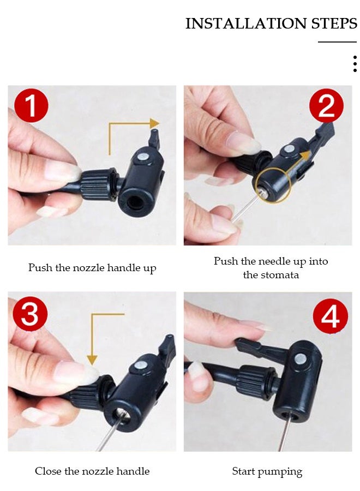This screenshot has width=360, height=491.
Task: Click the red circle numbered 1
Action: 31,105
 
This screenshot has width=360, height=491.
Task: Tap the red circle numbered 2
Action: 326,105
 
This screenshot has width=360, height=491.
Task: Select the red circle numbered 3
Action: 30,314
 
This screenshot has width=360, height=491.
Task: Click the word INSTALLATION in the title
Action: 246,23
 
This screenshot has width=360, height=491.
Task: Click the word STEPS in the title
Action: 334,23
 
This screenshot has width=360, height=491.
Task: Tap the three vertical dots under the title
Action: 355,64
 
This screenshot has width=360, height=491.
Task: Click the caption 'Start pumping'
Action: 267,471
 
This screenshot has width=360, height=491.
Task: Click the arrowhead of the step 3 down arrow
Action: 92,360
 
